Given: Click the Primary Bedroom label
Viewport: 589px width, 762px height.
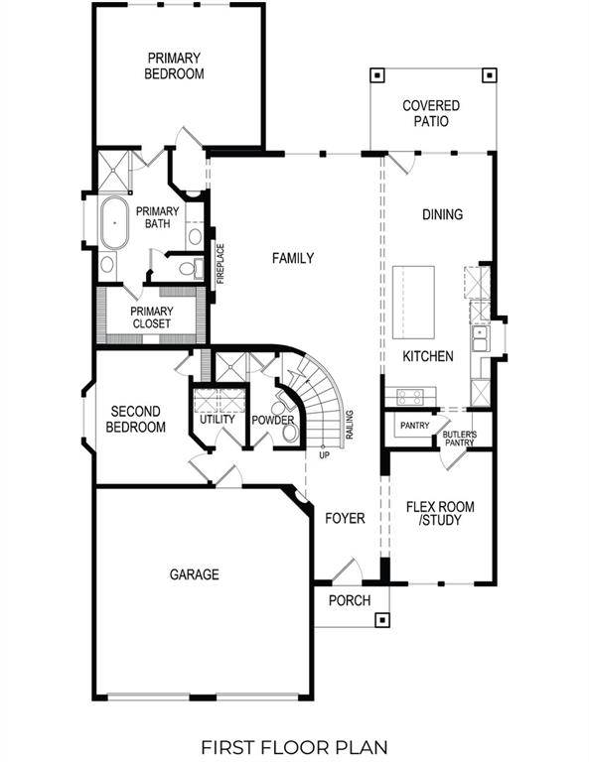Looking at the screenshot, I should tap(174, 65).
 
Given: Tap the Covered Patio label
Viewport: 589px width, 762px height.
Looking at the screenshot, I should tap(425, 113).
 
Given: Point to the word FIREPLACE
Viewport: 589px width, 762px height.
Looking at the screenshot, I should tap(221, 264).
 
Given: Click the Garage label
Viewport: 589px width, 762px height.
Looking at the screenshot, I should tap(194, 573).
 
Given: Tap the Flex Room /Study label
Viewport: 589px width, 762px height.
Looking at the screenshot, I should tap(440, 513).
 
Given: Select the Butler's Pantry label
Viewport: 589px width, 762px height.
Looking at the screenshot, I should tap(459, 438).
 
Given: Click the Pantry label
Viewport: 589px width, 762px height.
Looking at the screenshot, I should tap(413, 426).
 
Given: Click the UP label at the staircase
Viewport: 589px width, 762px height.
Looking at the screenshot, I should tap(324, 455).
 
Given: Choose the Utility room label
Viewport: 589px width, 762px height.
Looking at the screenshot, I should tap(217, 419).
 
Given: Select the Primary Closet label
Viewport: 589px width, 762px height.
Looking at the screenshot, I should tap(151, 317).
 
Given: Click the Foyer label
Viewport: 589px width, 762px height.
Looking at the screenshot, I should tap(345, 518).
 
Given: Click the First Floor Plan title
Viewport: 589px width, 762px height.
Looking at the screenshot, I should tap(294, 745).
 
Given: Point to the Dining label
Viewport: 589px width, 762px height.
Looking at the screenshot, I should tap(442, 214).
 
